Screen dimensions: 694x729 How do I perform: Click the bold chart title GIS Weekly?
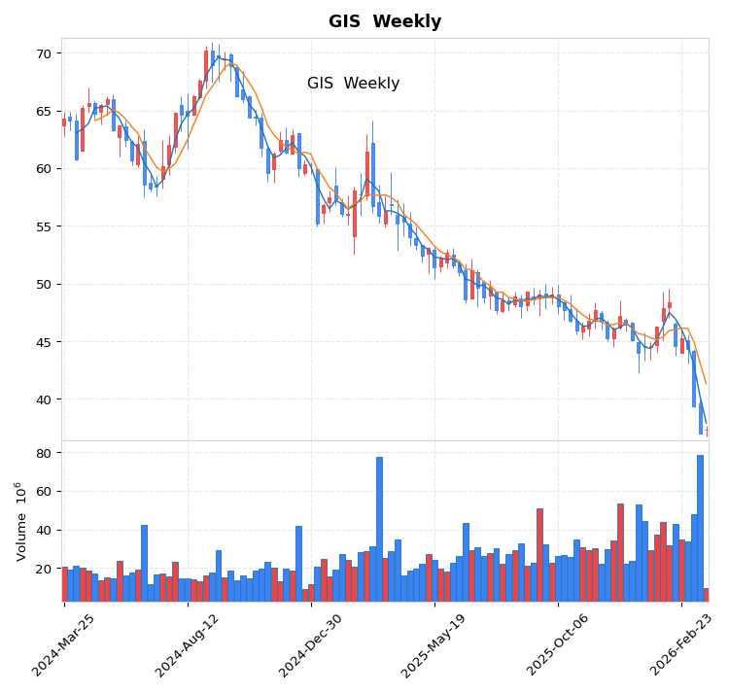pos(384,21)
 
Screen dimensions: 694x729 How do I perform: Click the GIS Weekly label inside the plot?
pos(353,84)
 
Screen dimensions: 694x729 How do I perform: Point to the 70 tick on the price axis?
pos(43,53)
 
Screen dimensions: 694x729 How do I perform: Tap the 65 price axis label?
pos(43,112)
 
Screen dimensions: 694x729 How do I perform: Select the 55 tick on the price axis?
pos(43,226)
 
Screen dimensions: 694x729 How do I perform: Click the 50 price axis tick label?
pos(43,284)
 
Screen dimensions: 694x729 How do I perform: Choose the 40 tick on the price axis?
pos(43,399)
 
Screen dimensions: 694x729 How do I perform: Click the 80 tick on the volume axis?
pos(43,453)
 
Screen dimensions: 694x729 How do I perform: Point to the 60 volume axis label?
pos(43,492)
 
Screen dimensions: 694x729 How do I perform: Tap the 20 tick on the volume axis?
pos(43,569)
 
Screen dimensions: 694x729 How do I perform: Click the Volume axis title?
pos(20,521)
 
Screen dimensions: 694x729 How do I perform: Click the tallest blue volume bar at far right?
pos(700,528)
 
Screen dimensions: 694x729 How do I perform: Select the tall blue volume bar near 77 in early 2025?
pos(379,529)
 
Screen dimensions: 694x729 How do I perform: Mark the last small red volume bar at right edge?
pos(706,595)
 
